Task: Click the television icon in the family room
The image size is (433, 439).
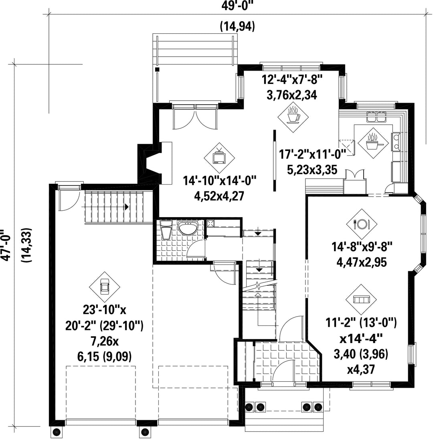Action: click(219, 157)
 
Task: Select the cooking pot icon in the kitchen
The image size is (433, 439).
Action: click(373, 143)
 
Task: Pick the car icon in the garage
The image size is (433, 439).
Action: click(105, 287)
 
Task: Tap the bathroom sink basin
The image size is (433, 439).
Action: click(188, 228)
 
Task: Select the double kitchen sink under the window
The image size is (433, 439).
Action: click(376, 117)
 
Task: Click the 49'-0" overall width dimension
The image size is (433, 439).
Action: click(237, 6)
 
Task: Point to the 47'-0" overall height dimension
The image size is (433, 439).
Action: click(6, 245)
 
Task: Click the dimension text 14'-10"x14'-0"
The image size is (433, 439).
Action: click(220, 181)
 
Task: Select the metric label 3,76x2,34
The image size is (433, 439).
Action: click(292, 95)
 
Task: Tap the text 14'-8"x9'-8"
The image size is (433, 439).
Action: click(362, 247)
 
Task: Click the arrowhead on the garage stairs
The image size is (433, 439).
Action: click(127, 207)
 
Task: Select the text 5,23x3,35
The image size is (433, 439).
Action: click(312, 170)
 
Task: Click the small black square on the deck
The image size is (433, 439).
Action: click(157, 69)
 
